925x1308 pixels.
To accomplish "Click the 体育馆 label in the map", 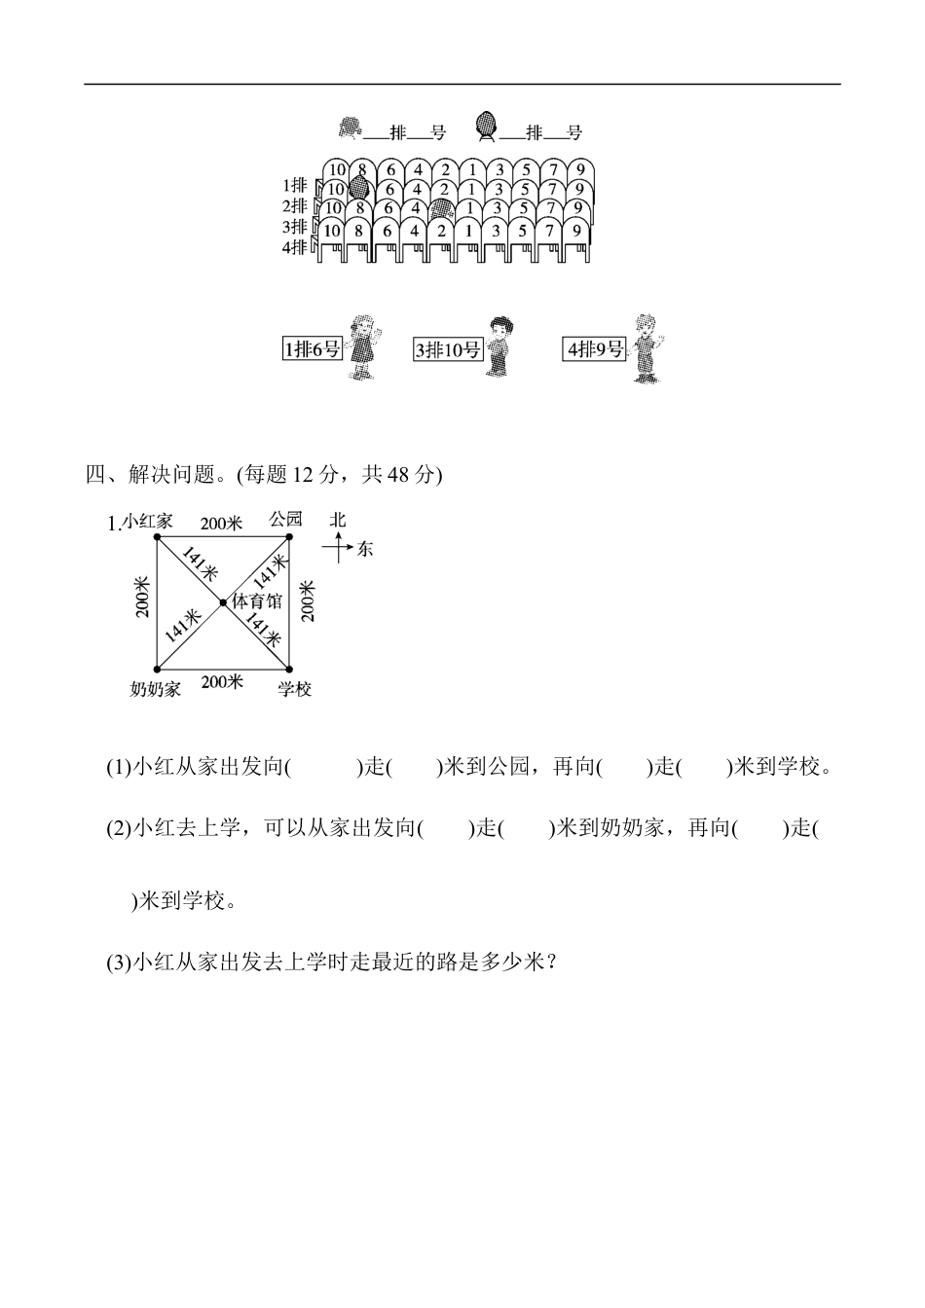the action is pyautogui.click(x=256, y=601).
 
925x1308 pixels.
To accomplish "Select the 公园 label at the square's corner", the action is pyautogui.click(x=285, y=519).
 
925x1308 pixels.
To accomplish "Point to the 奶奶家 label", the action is pyautogui.click(x=156, y=689).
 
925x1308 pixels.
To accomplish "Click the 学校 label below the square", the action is pyautogui.click(x=294, y=689).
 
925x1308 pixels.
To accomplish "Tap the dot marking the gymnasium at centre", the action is pyautogui.click(x=223, y=603).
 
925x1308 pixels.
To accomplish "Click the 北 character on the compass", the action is pyautogui.click(x=338, y=520).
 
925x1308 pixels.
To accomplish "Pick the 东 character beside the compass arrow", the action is pyautogui.click(x=364, y=550).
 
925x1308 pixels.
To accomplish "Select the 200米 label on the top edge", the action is pyautogui.click(x=221, y=524).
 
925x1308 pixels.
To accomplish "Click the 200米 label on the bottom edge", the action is pyautogui.click(x=222, y=682).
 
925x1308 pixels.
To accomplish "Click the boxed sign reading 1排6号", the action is pyautogui.click(x=313, y=348).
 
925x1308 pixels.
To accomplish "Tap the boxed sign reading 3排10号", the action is pyautogui.click(x=448, y=349).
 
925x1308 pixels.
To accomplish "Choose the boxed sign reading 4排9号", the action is pyautogui.click(x=594, y=348).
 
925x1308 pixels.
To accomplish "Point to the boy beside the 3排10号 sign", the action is pyautogui.click(x=500, y=346).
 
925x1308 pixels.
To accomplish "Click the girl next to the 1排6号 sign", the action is pyautogui.click(x=362, y=346).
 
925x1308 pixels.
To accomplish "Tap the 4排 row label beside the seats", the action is pyautogui.click(x=295, y=247).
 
